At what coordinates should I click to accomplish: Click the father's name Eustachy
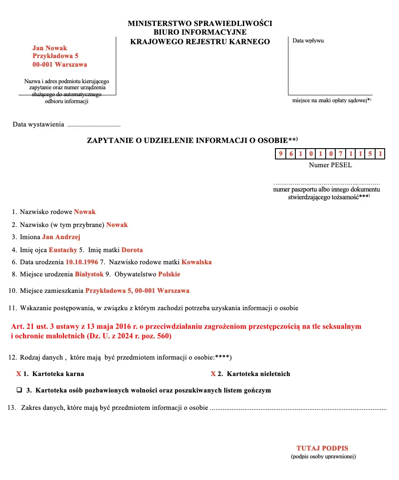click(63, 250)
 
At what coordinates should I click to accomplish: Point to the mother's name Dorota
click(132, 250)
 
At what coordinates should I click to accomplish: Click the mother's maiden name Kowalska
click(196, 262)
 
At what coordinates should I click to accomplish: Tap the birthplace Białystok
click(89, 274)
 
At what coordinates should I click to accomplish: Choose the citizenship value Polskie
click(169, 274)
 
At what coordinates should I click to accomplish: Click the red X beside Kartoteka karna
click(19, 374)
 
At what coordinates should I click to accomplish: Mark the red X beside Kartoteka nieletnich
click(213, 374)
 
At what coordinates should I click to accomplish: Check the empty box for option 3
click(20, 390)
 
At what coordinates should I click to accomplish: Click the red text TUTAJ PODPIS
click(322, 448)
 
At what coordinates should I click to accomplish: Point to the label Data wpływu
click(308, 41)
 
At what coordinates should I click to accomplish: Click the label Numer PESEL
click(330, 165)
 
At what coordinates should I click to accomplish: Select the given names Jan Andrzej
click(61, 237)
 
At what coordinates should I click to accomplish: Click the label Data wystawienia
click(39, 125)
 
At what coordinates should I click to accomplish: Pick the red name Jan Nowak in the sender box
click(50, 48)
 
